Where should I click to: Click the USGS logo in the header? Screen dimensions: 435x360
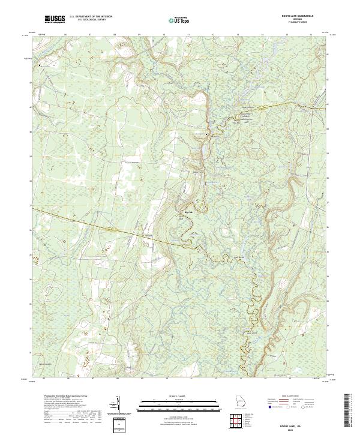click(55, 20)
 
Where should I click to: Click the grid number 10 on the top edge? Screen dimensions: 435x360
click(163, 35)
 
